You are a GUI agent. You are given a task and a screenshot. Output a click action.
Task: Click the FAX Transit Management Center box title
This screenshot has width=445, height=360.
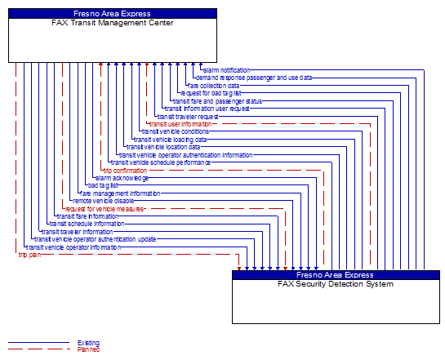113,23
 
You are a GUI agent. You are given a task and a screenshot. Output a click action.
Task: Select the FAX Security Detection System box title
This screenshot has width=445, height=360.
336,284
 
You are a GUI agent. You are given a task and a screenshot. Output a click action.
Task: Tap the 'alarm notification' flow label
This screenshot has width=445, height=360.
227,70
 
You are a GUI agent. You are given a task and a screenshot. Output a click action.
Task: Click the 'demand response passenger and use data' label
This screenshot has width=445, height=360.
254,78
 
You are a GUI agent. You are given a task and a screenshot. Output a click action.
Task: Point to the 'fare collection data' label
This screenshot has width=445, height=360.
214,85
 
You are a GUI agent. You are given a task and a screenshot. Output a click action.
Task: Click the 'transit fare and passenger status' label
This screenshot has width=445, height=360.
217,100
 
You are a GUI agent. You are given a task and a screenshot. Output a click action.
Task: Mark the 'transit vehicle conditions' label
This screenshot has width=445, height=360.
175,131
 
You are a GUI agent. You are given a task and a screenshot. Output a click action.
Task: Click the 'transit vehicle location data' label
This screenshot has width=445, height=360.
162,147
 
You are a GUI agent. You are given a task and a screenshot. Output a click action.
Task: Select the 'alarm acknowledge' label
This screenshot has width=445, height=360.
121,178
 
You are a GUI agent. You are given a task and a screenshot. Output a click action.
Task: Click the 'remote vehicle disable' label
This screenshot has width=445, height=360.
103,200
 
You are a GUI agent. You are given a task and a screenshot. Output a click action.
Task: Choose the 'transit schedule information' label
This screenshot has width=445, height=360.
87,223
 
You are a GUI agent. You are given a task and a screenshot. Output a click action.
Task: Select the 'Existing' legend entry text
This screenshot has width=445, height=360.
88,343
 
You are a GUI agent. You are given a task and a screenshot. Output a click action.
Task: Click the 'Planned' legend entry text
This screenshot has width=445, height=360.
88,349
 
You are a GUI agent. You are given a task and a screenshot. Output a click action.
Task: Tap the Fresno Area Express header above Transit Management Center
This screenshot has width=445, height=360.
113,13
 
